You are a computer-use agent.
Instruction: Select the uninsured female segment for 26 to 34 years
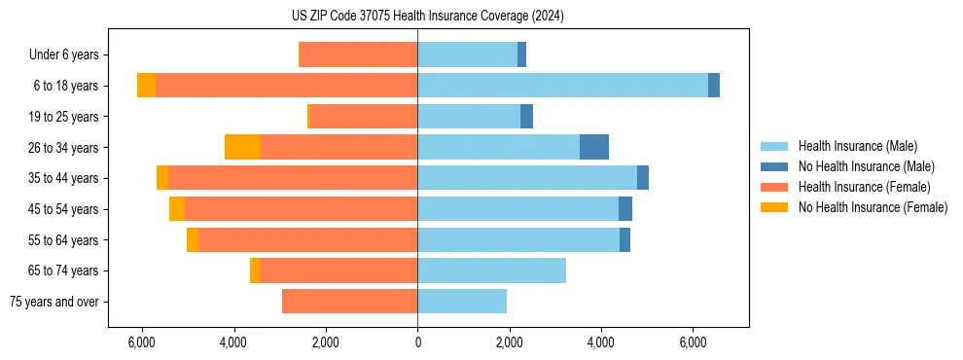(x=242, y=147)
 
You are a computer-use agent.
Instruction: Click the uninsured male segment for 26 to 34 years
(x=594, y=147)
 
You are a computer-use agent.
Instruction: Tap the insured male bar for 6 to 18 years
(x=562, y=86)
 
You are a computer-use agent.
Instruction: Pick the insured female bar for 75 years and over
(x=349, y=302)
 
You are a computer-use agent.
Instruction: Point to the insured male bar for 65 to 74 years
(x=491, y=270)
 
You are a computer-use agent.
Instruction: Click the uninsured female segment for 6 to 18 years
(x=146, y=86)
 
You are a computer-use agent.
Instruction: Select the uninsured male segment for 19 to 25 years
(x=526, y=117)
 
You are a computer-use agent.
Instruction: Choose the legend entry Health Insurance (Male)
(x=857, y=146)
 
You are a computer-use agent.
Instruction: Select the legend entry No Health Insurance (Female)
(x=873, y=207)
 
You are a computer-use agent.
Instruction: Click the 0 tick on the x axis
(x=417, y=342)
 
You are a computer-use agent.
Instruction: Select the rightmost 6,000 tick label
(x=693, y=342)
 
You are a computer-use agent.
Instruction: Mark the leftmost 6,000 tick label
(x=142, y=342)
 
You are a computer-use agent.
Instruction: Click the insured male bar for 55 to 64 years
(x=518, y=239)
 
